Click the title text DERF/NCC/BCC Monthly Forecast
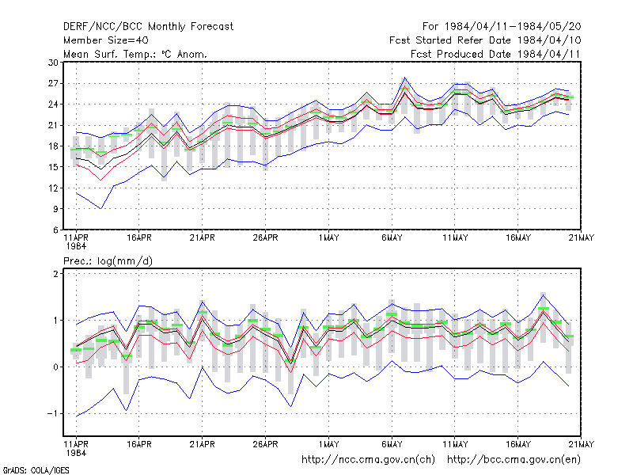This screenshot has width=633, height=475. [148, 27]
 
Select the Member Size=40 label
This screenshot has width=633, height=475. [106, 40]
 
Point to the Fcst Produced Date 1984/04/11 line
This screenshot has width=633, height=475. [495, 54]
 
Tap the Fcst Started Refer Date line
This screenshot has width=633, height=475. [485, 40]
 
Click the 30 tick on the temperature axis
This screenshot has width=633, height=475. [53, 63]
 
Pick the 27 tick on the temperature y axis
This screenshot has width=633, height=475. [53, 84]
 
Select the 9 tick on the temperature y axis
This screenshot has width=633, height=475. [55, 209]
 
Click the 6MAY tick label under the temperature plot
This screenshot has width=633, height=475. [392, 238]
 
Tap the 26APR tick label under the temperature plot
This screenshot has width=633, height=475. [265, 238]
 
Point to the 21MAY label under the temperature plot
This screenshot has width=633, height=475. [581, 238]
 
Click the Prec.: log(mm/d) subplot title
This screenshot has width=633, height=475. [108, 261]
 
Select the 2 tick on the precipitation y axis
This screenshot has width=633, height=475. [55, 274]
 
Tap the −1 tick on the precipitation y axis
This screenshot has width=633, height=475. [52, 413]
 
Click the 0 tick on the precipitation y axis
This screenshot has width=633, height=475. [55, 367]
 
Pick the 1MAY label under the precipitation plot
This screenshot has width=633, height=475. [328, 444]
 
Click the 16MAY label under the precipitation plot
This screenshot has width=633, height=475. [518, 444]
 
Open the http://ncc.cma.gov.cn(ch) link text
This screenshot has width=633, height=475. [368, 460]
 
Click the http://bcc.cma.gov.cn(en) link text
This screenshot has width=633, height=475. [514, 460]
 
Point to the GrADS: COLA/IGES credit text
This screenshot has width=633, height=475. [36, 470]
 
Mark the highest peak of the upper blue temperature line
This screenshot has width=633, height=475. [404, 77]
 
